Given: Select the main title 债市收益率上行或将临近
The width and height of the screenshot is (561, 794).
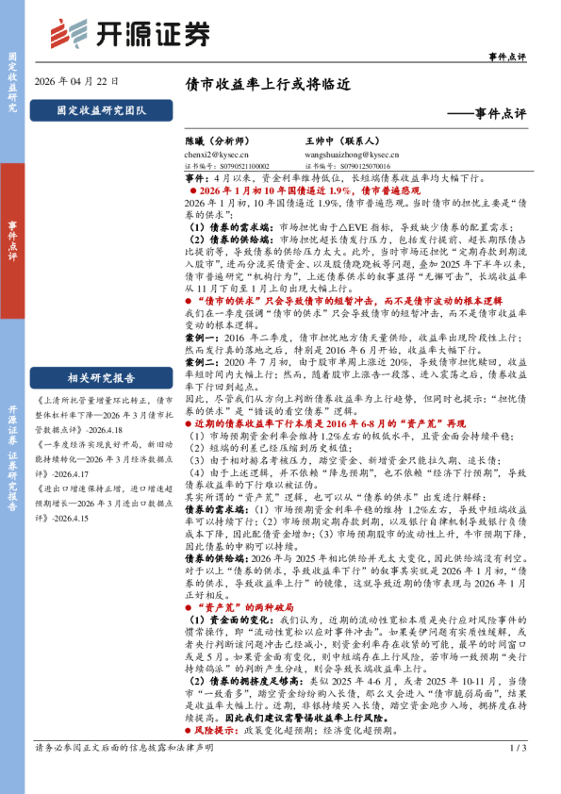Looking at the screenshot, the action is pos(267,83).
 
